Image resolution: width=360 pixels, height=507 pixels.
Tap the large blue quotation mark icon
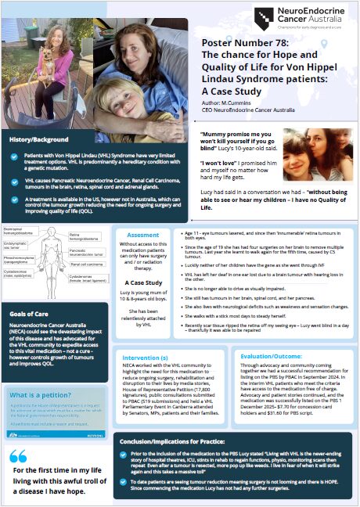pyautogui.click(x=19, y=456)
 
